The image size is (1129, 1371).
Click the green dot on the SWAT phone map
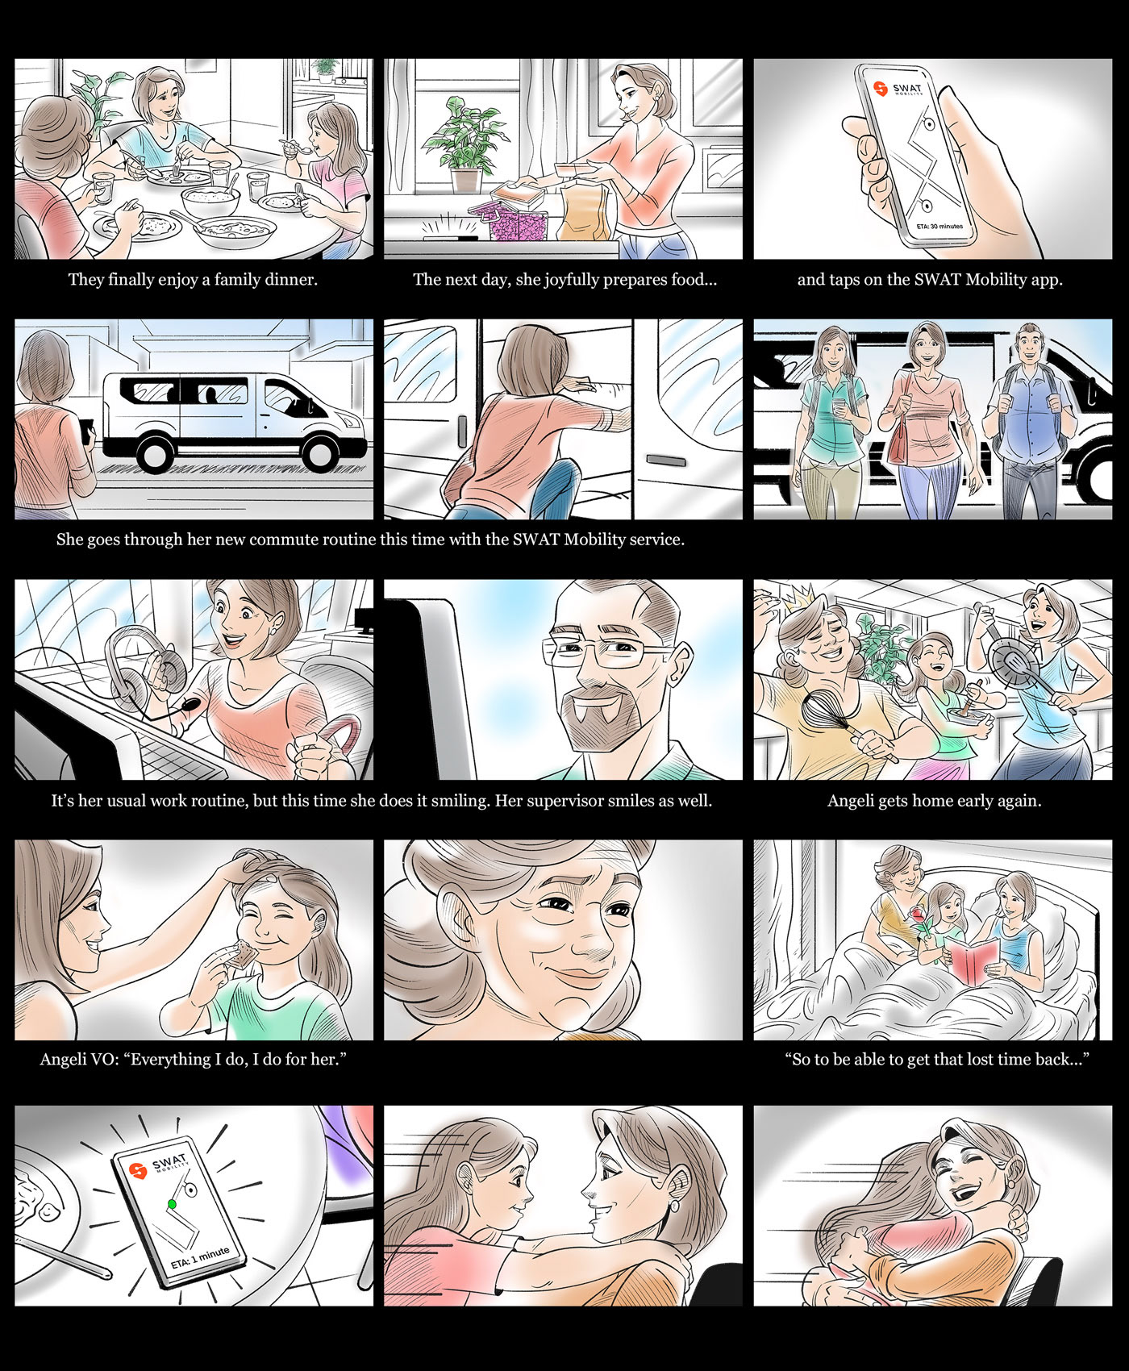click(171, 1204)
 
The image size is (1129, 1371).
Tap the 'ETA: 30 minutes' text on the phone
click(939, 227)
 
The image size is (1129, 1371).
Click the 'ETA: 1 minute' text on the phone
click(200, 1258)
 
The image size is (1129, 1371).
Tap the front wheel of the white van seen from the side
click(321, 452)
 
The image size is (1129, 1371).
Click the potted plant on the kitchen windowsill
click(466, 144)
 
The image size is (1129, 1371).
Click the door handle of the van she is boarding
click(666, 460)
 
